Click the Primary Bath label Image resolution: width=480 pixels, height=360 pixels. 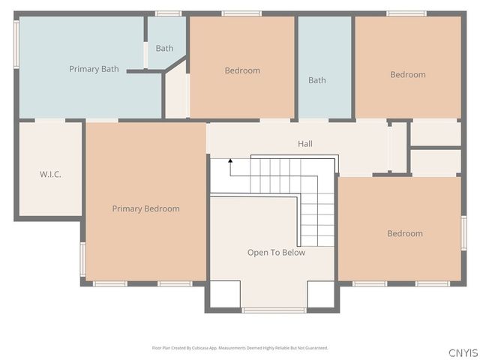pyautogui.click(x=94, y=69)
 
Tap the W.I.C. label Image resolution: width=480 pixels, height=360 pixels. pyautogui.click(x=50, y=175)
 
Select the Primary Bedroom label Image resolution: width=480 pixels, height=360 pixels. pyautogui.click(x=145, y=208)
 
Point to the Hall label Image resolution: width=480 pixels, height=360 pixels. pyautogui.click(x=304, y=144)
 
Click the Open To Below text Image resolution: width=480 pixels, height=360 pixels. pyautogui.click(x=276, y=253)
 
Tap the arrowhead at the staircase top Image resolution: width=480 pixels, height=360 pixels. pyautogui.click(x=231, y=160)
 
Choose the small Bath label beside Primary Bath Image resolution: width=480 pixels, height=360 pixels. pyautogui.click(x=164, y=49)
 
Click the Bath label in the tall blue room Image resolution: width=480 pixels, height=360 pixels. pyautogui.click(x=316, y=80)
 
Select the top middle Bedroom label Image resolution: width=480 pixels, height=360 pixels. pyautogui.click(x=242, y=70)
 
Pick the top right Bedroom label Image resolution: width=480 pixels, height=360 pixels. pyautogui.click(x=407, y=74)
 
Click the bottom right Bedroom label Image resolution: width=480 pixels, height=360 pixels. pyautogui.click(x=404, y=233)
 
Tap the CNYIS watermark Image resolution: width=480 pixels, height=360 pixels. pyautogui.click(x=463, y=352)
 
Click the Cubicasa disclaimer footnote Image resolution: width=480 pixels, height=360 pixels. pyautogui.click(x=240, y=348)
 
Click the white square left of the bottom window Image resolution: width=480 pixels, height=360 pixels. pyautogui.click(x=224, y=295)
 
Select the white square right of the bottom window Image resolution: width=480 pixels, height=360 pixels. pyautogui.click(x=320, y=295)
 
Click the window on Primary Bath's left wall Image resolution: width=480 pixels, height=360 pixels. pyautogui.click(x=16, y=45)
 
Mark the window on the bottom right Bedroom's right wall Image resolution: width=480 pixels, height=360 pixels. pyautogui.click(x=463, y=233)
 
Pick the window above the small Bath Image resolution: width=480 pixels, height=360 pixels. pyautogui.click(x=168, y=13)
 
